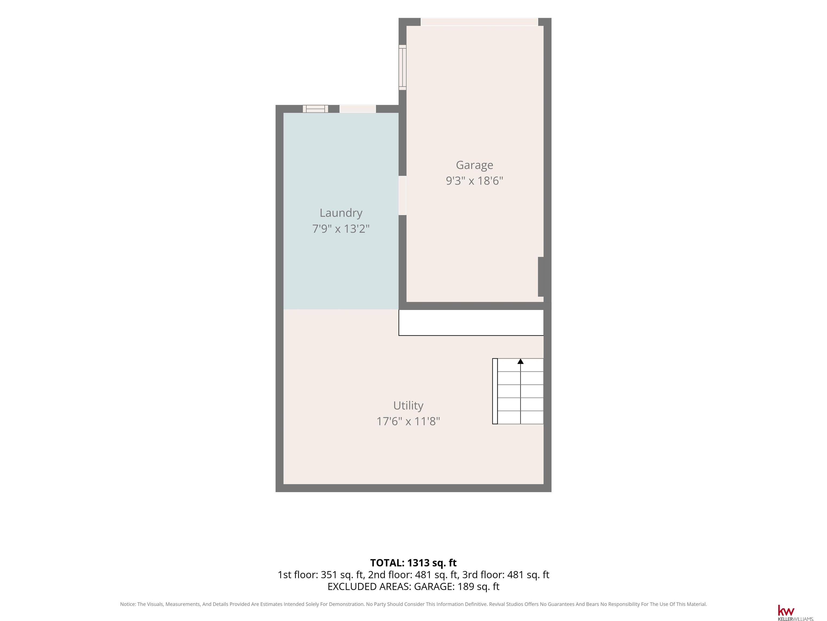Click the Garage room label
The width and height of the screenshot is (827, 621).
tap(474, 165)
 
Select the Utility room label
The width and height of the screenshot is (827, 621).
tap(408, 406)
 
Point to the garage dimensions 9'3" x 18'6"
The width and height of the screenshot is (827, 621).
tap(474, 181)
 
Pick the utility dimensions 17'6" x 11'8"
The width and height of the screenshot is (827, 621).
tap(408, 422)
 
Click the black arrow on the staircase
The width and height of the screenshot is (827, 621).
tap(520, 361)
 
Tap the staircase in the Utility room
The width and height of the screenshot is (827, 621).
tap(518, 391)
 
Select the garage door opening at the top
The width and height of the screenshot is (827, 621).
tap(479, 22)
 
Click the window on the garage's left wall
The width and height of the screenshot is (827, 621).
tap(402, 67)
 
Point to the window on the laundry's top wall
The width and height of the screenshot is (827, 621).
tap(315, 109)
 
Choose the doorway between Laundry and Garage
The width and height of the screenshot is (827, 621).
tap(402, 195)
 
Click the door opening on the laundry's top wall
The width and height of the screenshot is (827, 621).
tap(358, 109)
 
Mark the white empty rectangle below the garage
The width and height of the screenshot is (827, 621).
tap(471, 323)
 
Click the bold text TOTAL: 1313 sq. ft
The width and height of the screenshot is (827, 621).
tap(413, 563)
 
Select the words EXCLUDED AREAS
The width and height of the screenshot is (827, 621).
tap(369, 586)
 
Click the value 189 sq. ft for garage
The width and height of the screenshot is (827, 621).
tap(479, 586)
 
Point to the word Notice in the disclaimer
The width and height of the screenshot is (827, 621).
tap(128, 604)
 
